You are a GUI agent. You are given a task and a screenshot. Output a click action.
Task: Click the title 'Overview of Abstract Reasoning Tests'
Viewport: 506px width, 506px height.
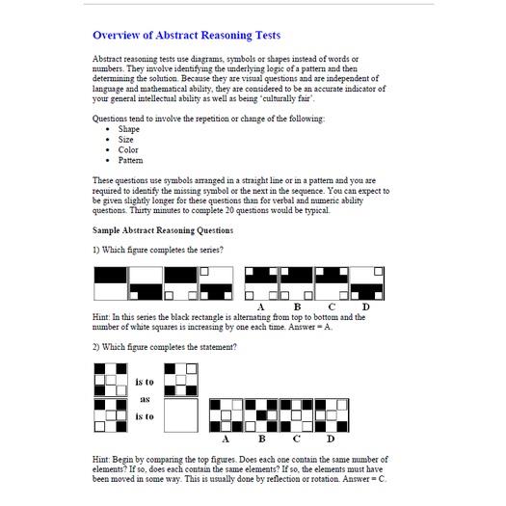187,36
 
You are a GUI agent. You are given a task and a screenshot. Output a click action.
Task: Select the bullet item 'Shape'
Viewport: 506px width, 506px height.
129,129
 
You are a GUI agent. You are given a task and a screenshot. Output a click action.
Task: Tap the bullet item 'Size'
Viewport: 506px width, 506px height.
126,140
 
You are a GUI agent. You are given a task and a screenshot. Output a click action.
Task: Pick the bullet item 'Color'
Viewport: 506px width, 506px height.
128,150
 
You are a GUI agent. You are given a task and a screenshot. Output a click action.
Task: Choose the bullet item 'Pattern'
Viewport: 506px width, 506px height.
130,160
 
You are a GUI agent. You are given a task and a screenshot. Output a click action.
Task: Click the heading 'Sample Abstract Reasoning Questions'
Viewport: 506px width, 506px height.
162,231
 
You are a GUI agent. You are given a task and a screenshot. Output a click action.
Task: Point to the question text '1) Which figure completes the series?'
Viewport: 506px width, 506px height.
158,251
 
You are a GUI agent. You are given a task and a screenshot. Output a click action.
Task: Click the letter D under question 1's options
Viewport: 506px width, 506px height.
365,306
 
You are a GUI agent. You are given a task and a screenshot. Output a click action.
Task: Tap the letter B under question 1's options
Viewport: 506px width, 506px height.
297,306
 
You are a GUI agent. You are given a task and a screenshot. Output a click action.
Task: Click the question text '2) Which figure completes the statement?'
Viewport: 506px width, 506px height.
165,347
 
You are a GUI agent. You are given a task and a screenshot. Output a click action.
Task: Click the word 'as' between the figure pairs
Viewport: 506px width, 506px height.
146,398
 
